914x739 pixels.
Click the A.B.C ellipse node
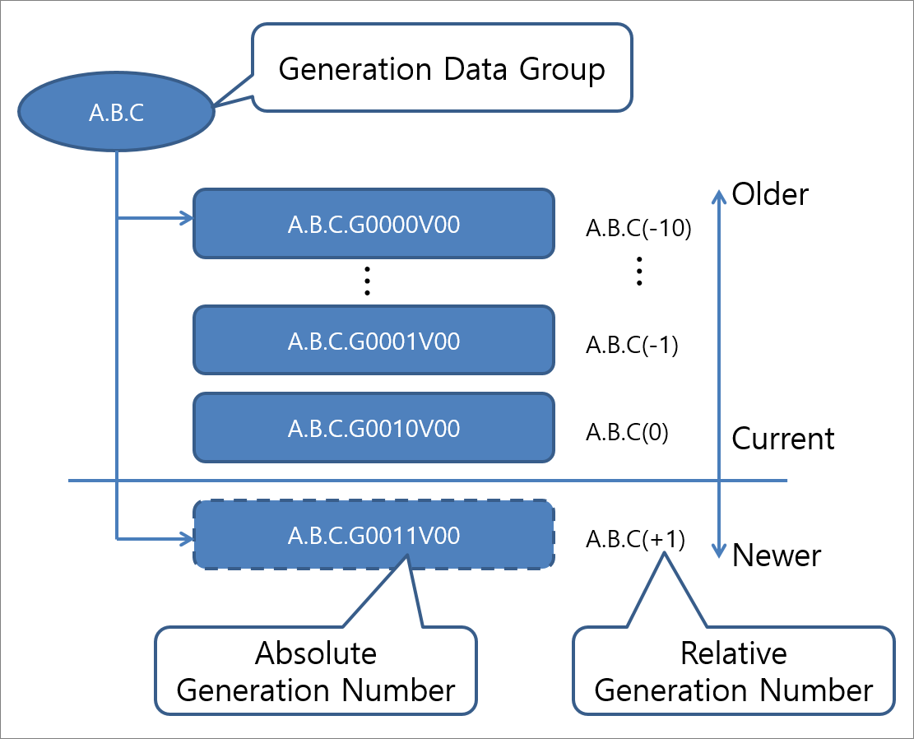(x=117, y=113)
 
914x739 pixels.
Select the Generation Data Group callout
(x=442, y=68)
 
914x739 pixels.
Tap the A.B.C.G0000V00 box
(x=373, y=224)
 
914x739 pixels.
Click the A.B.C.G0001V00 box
(x=373, y=340)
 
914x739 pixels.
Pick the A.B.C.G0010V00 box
(x=373, y=428)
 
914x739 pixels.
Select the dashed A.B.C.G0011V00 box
(x=373, y=535)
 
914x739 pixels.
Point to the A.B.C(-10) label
(x=638, y=229)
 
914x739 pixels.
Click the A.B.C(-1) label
(x=632, y=346)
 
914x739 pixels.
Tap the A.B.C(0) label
(x=627, y=433)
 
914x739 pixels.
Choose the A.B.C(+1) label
(x=635, y=539)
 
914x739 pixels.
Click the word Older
(x=771, y=194)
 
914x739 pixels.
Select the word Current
(x=783, y=439)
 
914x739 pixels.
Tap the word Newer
(x=777, y=555)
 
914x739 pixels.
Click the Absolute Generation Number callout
(x=316, y=672)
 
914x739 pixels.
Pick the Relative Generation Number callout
(x=733, y=672)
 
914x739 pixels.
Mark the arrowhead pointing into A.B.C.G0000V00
(x=185, y=219)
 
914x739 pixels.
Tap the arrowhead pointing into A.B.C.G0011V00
(x=185, y=540)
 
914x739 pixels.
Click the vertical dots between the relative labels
(x=639, y=271)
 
